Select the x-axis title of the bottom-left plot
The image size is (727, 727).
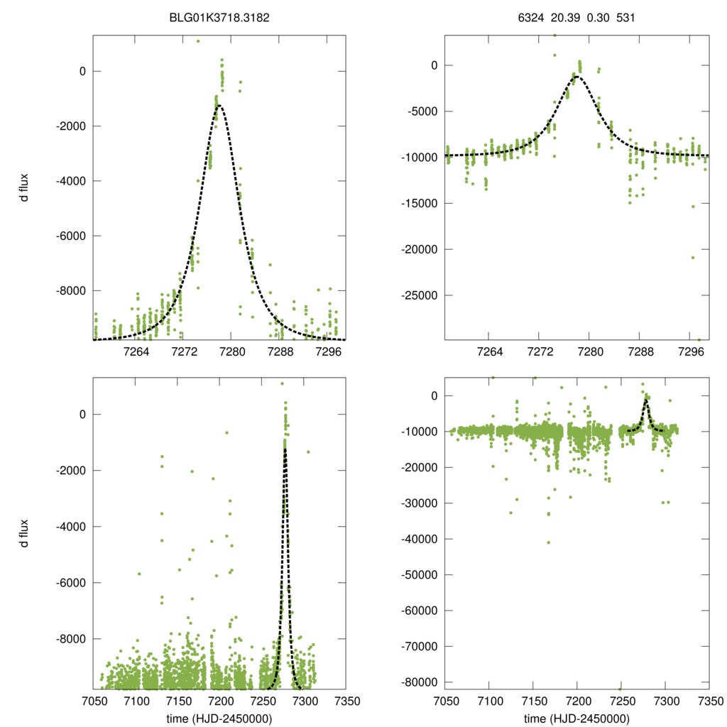pos(219,718)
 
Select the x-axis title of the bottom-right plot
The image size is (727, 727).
pos(576,718)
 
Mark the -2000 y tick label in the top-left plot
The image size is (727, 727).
pos(70,126)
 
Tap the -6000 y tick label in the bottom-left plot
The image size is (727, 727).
pos(70,583)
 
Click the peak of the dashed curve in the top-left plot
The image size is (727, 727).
pos(219,106)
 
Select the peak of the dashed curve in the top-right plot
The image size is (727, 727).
pos(577,76)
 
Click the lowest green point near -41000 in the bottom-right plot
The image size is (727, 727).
pos(549,542)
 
